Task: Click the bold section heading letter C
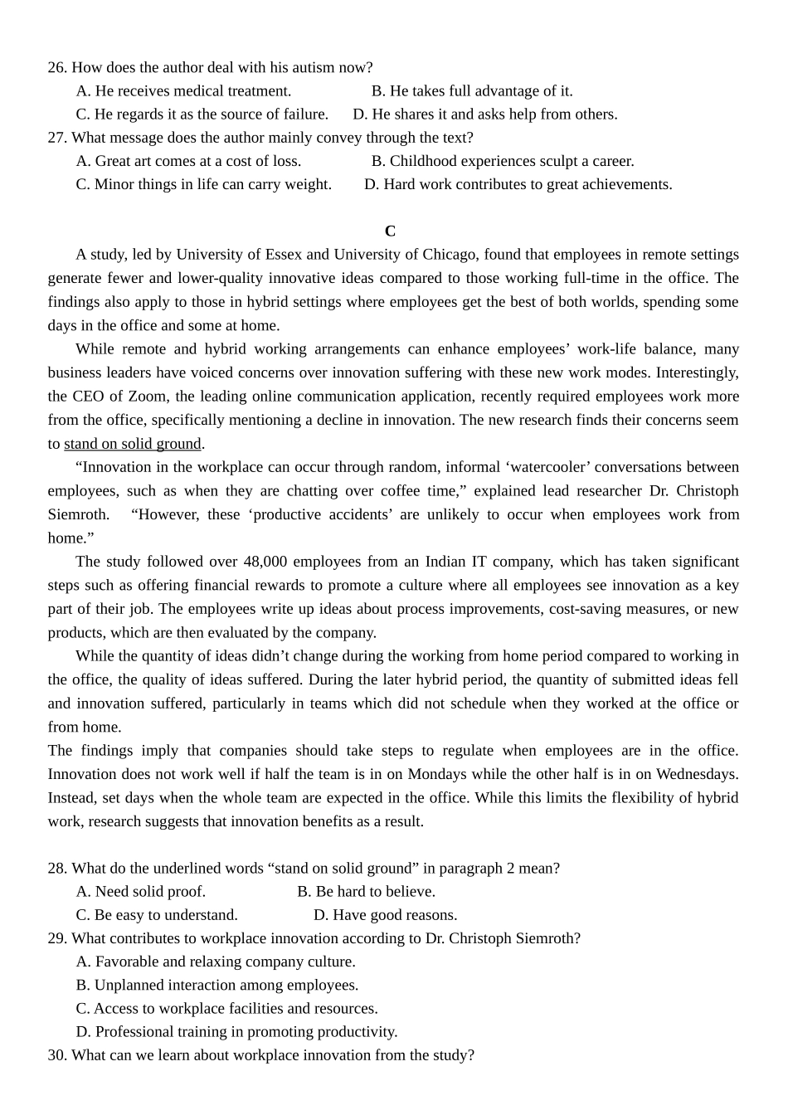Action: click(390, 231)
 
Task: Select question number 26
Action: click(56, 67)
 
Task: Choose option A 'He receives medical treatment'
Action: click(183, 91)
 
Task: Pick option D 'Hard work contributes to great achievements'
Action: click(518, 184)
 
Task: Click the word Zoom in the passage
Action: click(148, 397)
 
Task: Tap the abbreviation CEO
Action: click(89, 397)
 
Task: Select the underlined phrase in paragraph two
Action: click(133, 444)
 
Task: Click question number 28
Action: click(56, 869)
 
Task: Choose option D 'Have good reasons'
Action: click(385, 915)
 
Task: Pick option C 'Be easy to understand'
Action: click(157, 915)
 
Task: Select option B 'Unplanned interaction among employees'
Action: click(217, 986)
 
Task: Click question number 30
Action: click(56, 1055)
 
